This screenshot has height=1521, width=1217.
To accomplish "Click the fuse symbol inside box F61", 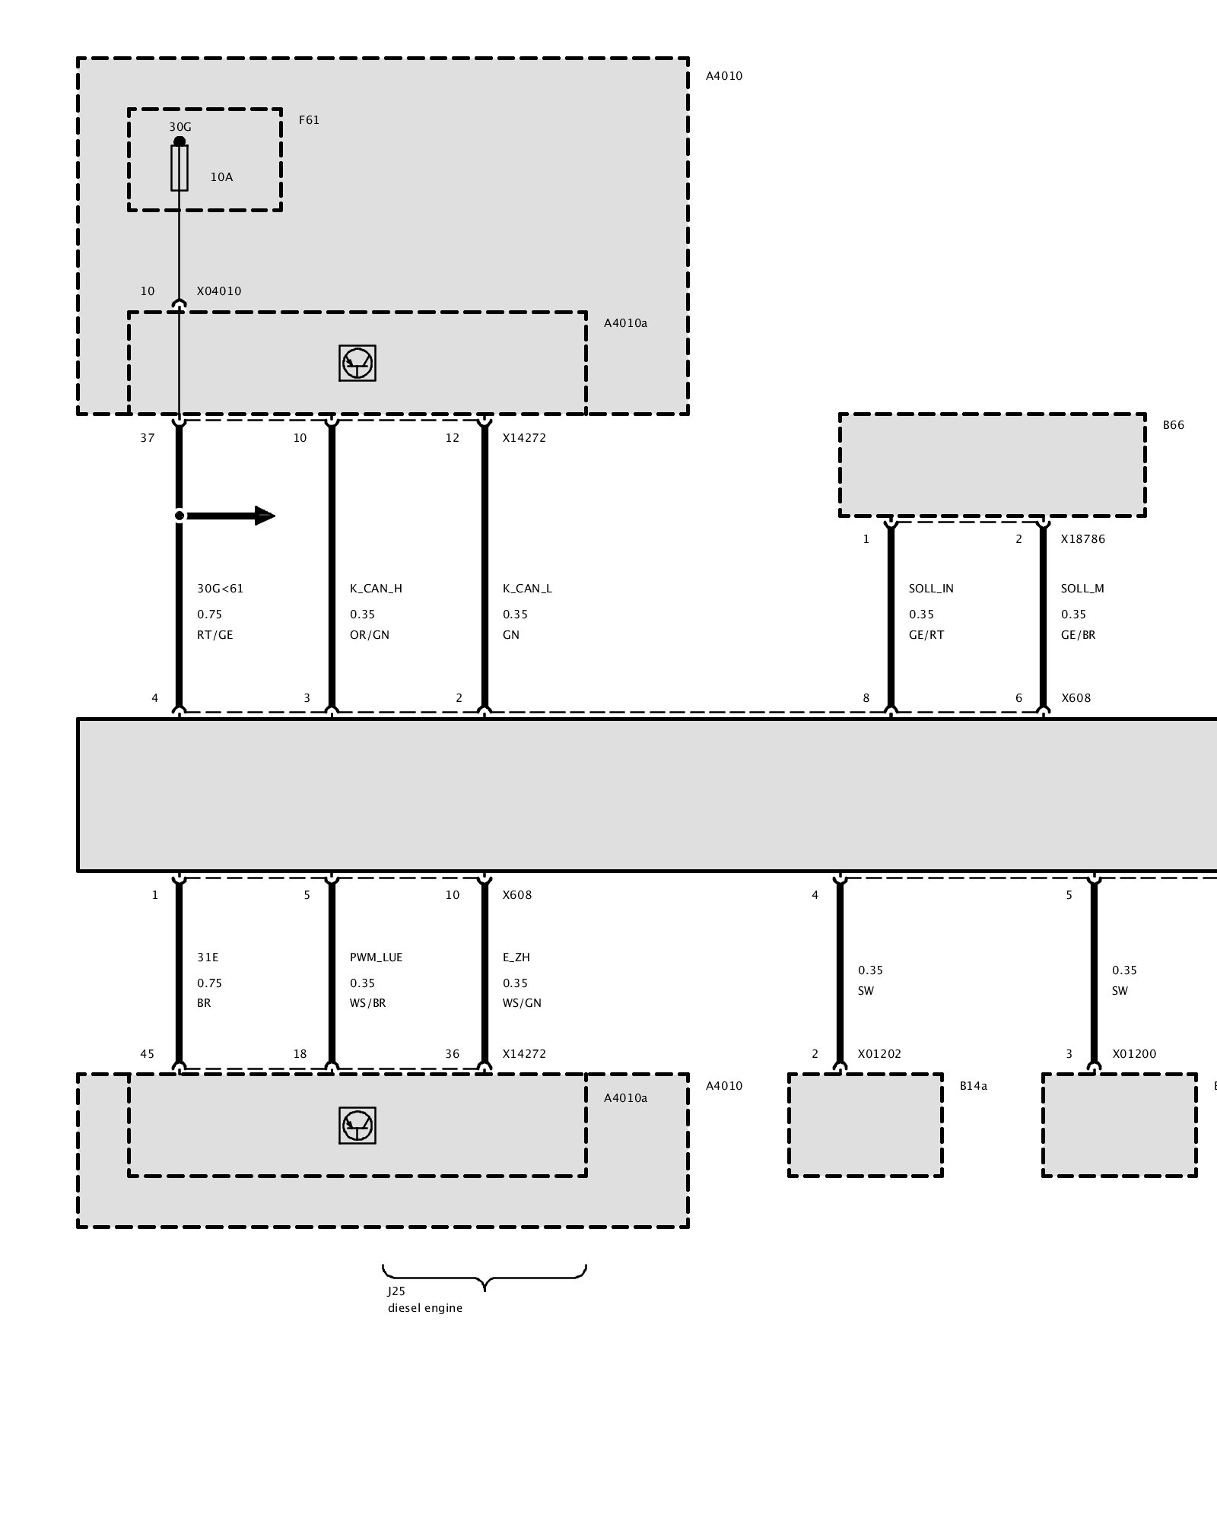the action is [180, 168].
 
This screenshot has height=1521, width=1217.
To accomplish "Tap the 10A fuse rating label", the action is [221, 177].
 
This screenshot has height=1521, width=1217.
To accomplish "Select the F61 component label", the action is [309, 120].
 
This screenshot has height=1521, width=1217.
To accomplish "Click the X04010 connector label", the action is [219, 291].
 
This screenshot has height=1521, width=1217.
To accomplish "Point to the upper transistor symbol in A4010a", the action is [357, 364].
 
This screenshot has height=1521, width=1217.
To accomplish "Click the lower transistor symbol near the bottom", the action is [357, 1126].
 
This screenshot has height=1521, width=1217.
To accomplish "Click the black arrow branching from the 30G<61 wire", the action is [227, 516].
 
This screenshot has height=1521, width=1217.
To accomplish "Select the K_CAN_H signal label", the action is [376, 589].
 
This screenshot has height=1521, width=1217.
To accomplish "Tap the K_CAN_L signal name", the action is [527, 589].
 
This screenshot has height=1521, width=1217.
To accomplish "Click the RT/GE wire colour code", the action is [214, 635].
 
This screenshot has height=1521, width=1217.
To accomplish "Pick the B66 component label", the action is [1174, 425].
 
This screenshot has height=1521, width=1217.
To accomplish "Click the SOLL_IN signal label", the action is [931, 589].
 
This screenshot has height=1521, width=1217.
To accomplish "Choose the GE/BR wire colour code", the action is [1079, 635].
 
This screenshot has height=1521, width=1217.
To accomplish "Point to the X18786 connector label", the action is [1083, 539].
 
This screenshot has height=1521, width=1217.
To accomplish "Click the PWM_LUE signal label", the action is [376, 957].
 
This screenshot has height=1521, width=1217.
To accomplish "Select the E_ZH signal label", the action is [516, 957].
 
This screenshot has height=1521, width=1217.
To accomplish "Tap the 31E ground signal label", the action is [208, 957].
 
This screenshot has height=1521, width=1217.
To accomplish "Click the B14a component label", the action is [974, 1086].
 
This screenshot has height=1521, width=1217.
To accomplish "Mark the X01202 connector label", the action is [879, 1054].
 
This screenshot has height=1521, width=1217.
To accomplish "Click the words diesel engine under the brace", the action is [425, 1308].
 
